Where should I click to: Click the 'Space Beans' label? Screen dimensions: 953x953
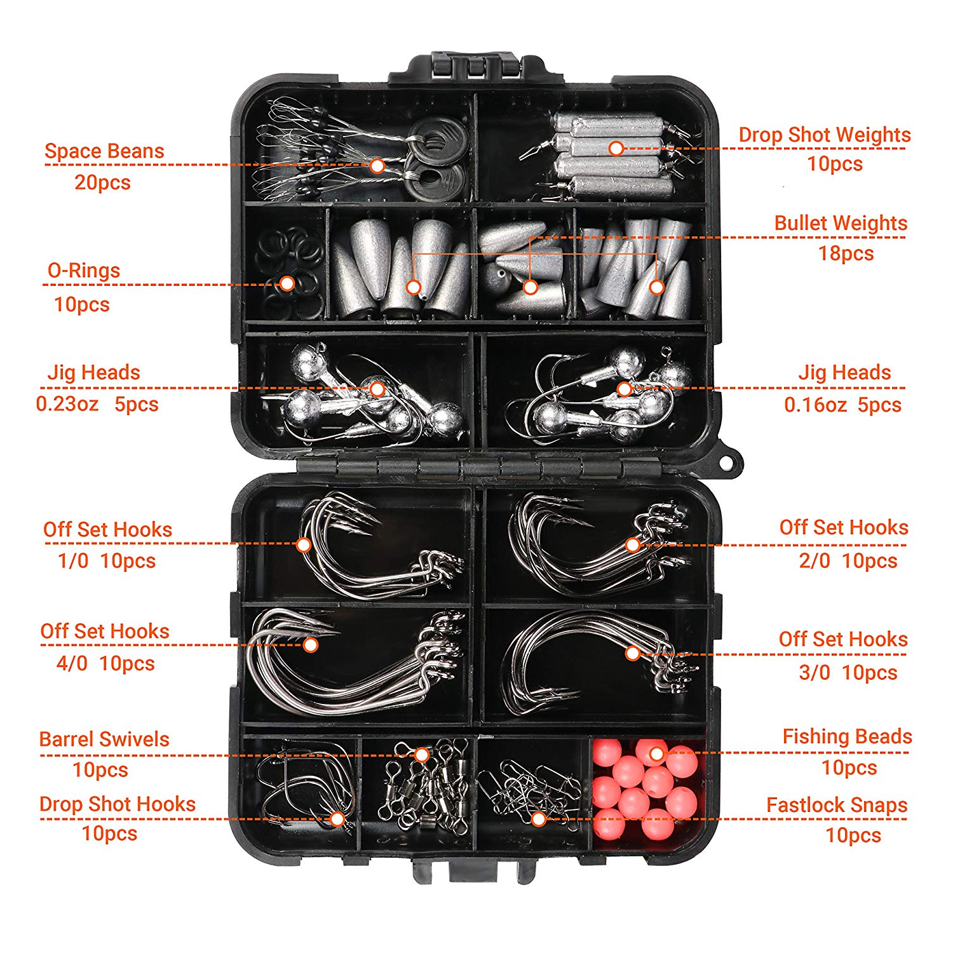pos(104,151)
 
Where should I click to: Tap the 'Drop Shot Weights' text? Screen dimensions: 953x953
pos(824,135)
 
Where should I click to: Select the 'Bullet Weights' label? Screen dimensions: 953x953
pos(841,223)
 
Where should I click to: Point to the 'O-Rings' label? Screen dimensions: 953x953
pos(84,271)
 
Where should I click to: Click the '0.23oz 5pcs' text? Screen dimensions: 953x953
pos(97,404)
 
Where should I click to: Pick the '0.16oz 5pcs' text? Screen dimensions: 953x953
pos(842,405)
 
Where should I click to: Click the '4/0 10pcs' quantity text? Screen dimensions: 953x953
pos(105,663)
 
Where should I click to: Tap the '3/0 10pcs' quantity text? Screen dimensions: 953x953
pos(848,672)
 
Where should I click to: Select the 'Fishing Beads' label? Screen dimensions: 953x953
pos(847,736)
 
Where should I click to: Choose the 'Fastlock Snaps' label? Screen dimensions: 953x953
pos(837,805)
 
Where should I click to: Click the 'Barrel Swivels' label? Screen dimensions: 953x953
pos(104,739)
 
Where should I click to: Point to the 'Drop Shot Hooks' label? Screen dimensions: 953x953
pos(118,804)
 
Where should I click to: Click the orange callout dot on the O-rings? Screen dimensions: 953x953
pos(287,283)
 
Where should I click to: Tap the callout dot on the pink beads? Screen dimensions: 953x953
pos(657,754)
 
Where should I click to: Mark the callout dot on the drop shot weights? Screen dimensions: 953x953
pos(615,148)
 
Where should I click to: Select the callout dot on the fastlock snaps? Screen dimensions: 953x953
pos(538,819)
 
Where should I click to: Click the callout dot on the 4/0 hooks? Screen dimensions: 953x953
pos(311,645)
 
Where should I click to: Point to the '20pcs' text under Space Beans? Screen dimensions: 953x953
pos(102,182)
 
